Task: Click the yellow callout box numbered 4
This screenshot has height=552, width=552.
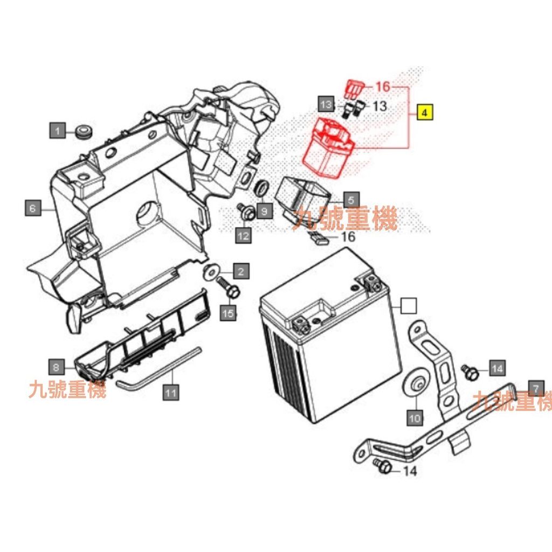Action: (x=425, y=112)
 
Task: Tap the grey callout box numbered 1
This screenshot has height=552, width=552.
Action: (x=57, y=130)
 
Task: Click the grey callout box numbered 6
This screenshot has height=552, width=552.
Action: (x=33, y=208)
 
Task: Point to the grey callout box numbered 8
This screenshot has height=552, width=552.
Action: (x=56, y=367)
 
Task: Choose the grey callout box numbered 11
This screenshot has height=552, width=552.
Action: (x=171, y=392)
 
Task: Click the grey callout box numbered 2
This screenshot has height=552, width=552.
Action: (x=241, y=271)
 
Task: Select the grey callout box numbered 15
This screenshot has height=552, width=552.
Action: (x=228, y=313)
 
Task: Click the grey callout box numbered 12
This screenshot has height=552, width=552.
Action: (x=243, y=235)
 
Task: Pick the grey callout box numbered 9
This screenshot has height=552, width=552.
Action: (x=264, y=211)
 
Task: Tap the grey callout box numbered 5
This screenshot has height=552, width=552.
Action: (x=351, y=200)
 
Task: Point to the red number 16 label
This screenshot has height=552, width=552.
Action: (x=383, y=86)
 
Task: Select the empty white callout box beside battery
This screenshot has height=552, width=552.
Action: (x=409, y=306)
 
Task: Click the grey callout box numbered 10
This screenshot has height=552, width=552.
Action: (x=415, y=418)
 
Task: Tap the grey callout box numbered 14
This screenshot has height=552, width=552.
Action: (x=497, y=368)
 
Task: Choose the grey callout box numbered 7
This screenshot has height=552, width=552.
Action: (x=536, y=388)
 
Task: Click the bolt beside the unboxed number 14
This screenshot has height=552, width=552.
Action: (x=383, y=466)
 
